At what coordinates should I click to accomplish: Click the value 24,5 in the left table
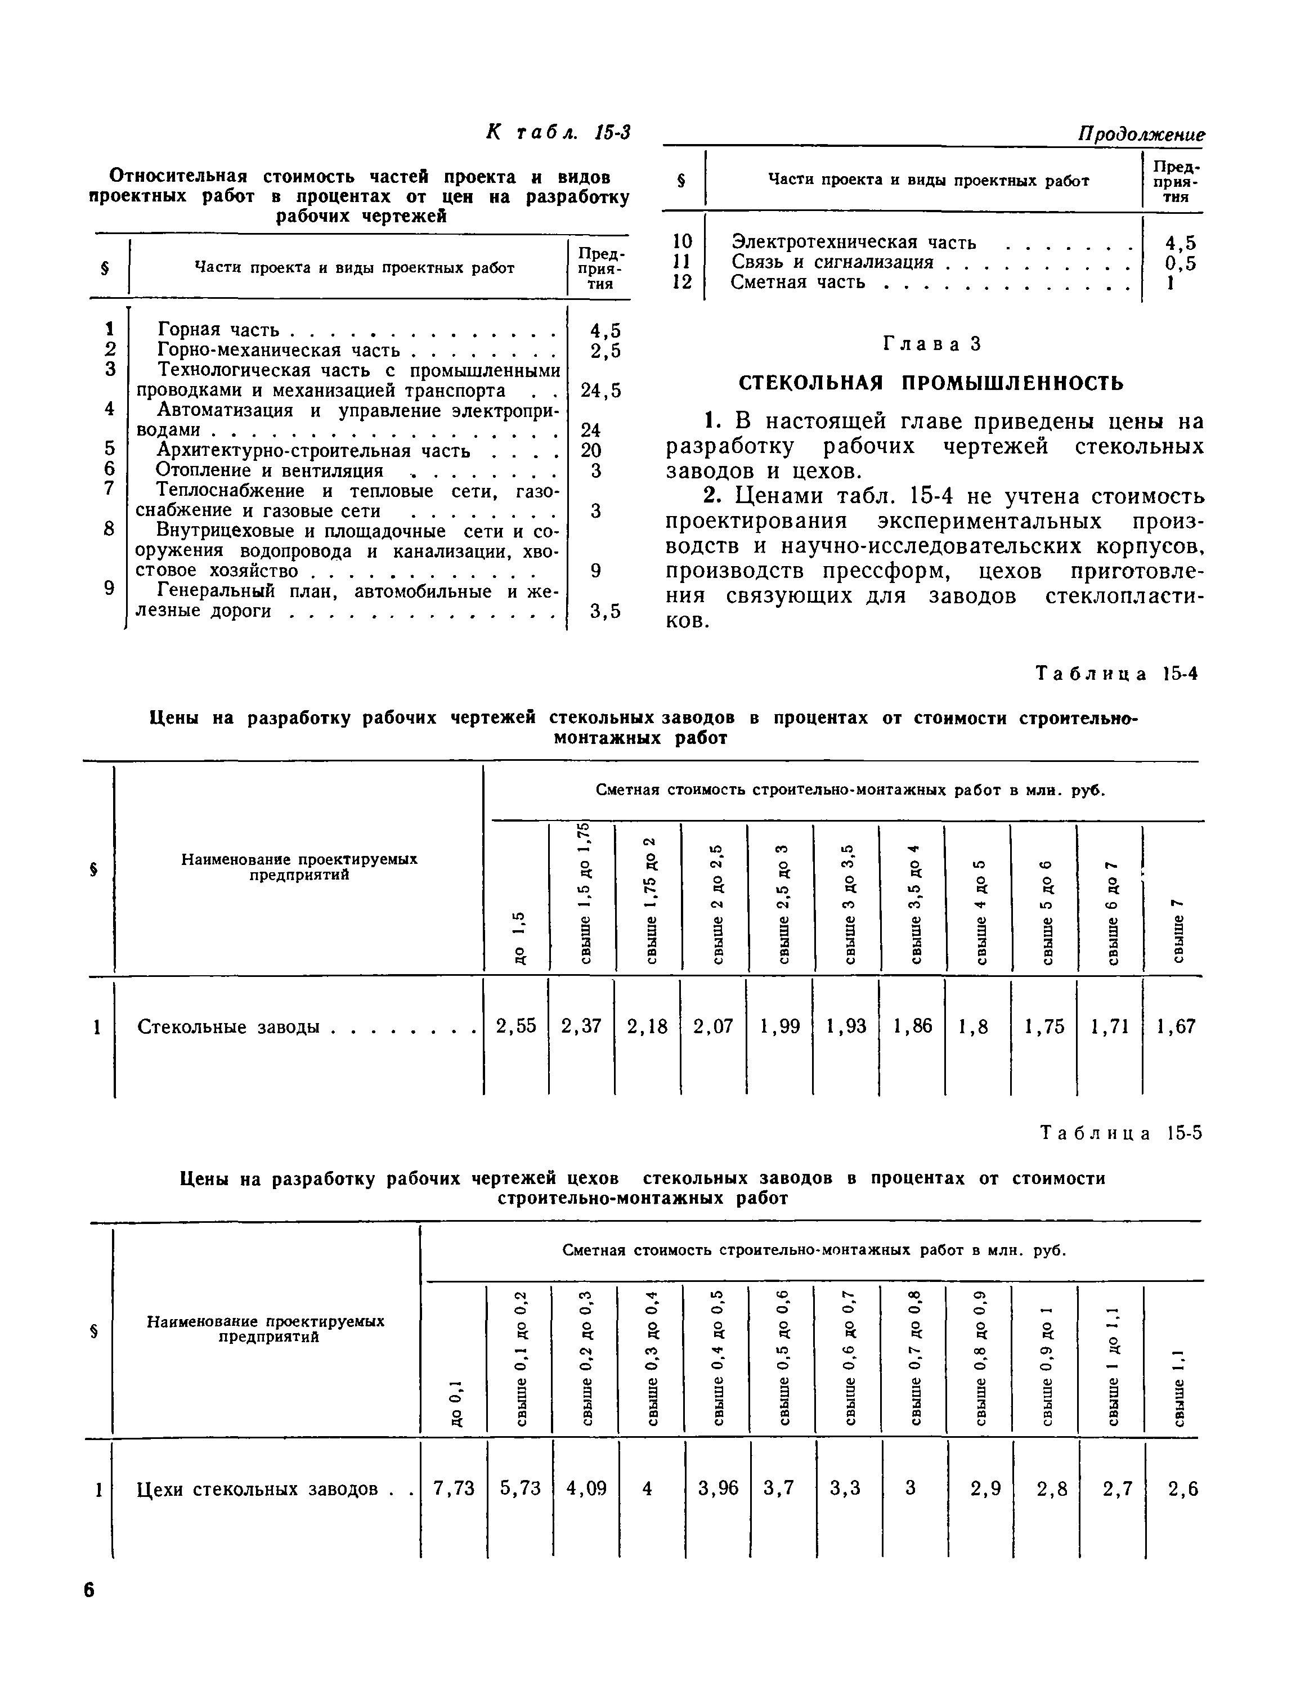pos(601,391)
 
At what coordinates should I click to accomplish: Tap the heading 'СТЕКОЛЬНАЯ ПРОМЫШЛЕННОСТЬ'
pos(931,383)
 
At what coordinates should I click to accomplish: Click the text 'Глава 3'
pos(931,344)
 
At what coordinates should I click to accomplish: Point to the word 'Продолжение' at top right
pos(1141,135)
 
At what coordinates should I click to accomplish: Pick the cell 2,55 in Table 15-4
pos(516,1026)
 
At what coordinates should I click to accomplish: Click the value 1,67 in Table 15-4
pos(1176,1026)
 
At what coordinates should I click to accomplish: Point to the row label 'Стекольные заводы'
pos(228,1027)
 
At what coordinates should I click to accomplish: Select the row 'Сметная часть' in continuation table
pos(797,282)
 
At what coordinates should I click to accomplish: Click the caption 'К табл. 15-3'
pos(558,133)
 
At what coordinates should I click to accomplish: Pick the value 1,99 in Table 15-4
pos(780,1026)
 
